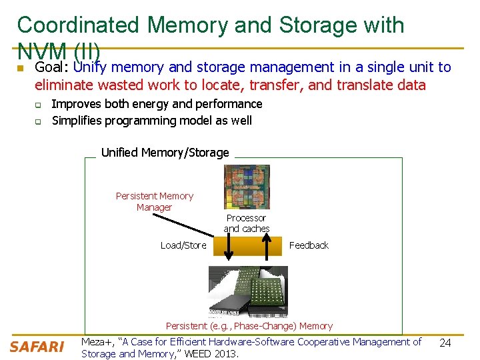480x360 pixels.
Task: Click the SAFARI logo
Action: click(37, 347)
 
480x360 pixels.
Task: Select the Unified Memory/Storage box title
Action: click(165, 153)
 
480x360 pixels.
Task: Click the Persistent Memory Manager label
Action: click(154, 201)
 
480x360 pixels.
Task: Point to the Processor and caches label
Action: click(246, 223)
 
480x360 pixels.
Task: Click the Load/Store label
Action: click(183, 245)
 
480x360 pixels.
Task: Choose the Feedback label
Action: click(309, 245)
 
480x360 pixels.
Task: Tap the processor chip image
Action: click(246, 187)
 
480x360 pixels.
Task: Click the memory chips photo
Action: click(248, 291)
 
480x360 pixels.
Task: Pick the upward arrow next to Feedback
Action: click(267, 247)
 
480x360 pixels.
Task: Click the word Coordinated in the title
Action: click(78, 25)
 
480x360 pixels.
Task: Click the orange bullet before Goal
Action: click(21, 69)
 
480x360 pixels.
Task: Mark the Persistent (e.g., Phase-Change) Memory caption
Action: click(249, 326)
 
